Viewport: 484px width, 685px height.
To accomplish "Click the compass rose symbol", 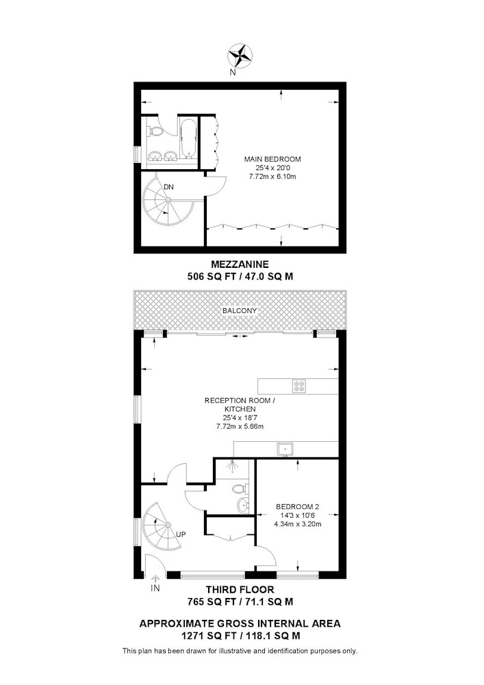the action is [x=240, y=55].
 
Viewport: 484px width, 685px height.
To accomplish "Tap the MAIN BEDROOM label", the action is [x=272, y=159].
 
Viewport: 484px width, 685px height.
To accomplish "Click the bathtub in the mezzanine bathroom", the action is [x=188, y=137].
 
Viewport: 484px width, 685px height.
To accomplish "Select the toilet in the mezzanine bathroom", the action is [x=156, y=131].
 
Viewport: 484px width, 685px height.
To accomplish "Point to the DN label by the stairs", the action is [x=168, y=187].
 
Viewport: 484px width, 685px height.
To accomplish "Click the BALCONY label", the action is [x=240, y=310].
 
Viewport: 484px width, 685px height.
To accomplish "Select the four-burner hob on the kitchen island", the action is [x=299, y=386].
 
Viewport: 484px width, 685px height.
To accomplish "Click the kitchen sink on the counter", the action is [x=285, y=449].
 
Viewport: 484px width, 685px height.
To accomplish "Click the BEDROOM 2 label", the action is [x=298, y=507].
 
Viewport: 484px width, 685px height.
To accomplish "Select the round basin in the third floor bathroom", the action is [x=243, y=506].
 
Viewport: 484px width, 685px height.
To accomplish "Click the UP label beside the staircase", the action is [x=181, y=534].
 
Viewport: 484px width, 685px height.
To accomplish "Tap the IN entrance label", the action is [x=155, y=588].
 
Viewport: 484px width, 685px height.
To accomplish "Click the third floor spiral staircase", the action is [x=163, y=527].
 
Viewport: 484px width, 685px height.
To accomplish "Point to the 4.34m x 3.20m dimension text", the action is [x=298, y=524].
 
